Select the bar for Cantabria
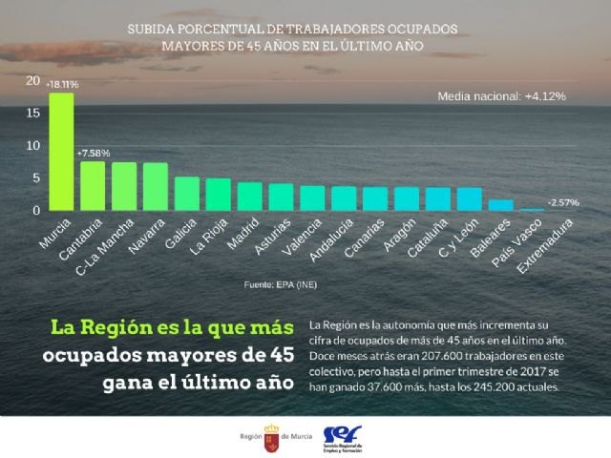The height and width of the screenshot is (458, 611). pos(93,186)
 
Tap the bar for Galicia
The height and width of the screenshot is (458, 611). pos(187,194)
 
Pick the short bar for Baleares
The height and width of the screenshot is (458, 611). pos(500,204)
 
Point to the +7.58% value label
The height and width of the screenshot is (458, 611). pos(94,153)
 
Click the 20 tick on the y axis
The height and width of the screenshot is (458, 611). pos(33,81)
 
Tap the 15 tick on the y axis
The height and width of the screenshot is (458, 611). pos(33,114)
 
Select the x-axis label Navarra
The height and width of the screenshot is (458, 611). pos(145,238)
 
